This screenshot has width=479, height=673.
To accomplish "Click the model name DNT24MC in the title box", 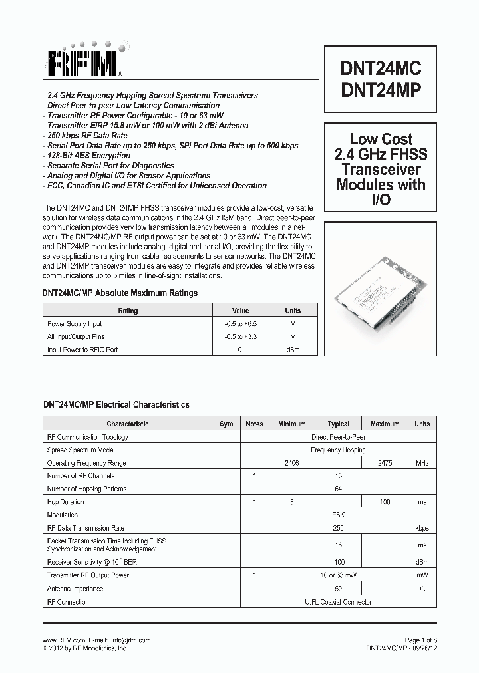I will (381, 68).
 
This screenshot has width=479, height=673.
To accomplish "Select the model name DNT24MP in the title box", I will (381, 91).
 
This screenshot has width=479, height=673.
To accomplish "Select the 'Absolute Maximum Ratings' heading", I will (120, 293).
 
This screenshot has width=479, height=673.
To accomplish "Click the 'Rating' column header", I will (128, 311).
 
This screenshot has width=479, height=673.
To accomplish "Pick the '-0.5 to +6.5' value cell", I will (240, 323).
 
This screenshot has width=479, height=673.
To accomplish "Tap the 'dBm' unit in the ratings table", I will (293, 350).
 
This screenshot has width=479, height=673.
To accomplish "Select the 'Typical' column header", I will (338, 424).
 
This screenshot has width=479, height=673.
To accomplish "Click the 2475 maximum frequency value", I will (385, 463).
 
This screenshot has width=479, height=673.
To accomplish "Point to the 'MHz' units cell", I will (422, 463).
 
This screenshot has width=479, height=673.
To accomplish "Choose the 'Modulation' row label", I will (63, 515).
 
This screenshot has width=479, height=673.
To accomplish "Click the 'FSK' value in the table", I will (338, 515).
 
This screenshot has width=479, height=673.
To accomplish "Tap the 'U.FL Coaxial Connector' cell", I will (338, 602).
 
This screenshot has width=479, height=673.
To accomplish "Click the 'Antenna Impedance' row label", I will (75, 589).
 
